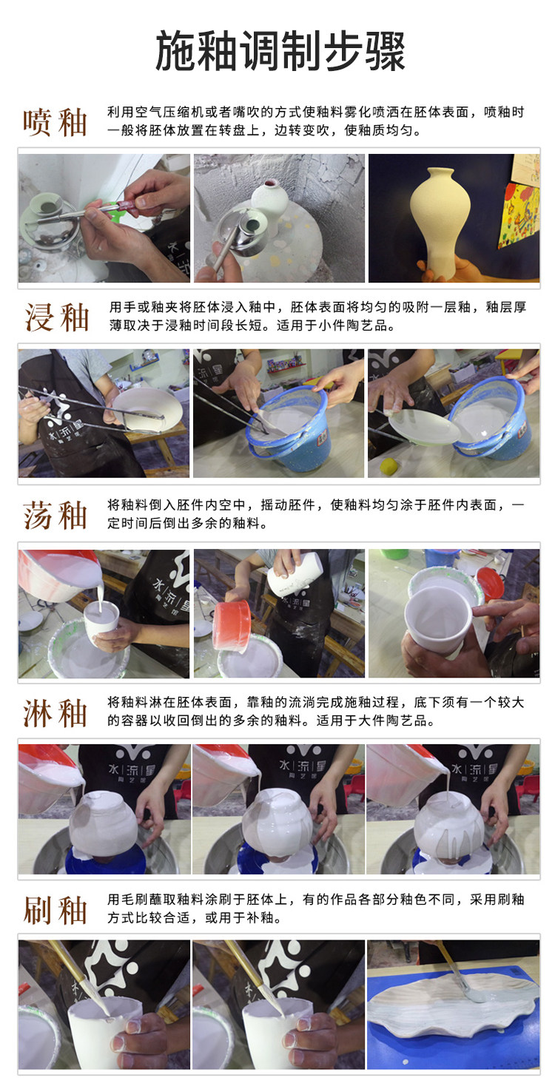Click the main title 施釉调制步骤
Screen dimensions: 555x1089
point(280,52)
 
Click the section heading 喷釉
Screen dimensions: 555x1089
point(55,122)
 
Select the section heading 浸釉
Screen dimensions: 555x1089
point(56,317)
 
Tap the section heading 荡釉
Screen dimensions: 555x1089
point(55,516)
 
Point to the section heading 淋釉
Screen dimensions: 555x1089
point(55,713)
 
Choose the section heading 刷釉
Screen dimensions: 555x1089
point(55,911)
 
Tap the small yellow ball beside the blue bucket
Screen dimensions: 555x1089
point(388,466)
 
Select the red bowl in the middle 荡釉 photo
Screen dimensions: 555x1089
point(232,625)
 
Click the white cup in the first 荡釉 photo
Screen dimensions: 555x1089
point(101,624)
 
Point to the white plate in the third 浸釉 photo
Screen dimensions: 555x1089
point(424,425)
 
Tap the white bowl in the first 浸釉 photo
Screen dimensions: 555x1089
point(147,408)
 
